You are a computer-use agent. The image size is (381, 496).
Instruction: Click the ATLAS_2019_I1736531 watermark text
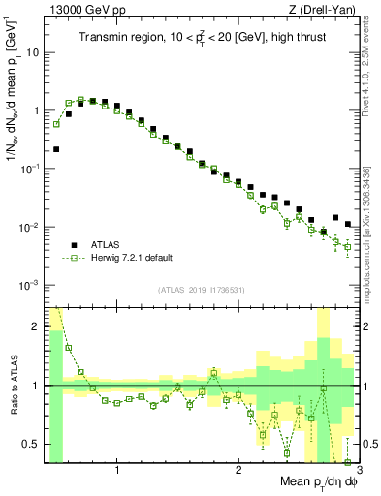(201, 290)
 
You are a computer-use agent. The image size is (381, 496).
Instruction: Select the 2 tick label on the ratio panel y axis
(37, 326)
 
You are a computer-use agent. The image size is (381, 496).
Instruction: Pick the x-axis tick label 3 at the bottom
(359, 472)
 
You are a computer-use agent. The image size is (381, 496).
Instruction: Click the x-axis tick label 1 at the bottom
(117, 472)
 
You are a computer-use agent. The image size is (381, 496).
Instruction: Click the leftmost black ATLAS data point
(57, 149)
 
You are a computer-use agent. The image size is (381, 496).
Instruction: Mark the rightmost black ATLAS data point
(348, 224)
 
